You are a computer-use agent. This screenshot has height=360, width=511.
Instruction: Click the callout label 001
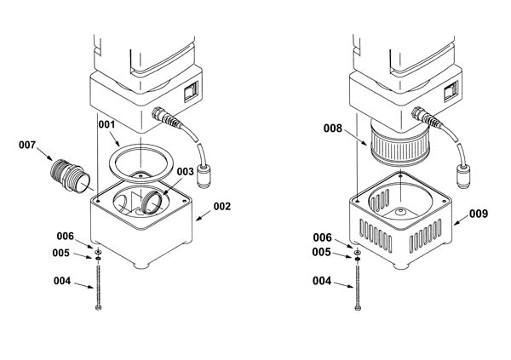point(107,124)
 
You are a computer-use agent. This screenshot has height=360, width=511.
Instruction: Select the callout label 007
point(27,145)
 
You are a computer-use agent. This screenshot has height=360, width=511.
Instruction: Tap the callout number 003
point(186,172)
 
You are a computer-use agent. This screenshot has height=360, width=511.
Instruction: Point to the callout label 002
point(222,206)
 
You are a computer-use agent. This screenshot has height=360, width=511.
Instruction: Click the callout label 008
point(333,129)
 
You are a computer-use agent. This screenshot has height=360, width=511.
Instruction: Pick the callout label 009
point(479,214)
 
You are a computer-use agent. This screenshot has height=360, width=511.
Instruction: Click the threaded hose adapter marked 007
point(70,175)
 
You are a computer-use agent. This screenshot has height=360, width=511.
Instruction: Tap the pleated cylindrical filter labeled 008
point(400,143)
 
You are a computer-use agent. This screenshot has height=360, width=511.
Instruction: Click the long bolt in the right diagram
point(358,288)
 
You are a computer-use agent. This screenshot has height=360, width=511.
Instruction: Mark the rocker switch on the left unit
point(191,92)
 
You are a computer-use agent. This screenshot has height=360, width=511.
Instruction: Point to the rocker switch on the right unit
point(451,91)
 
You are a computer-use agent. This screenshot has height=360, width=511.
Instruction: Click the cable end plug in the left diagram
point(204,176)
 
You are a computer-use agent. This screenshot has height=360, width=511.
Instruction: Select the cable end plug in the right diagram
point(464,176)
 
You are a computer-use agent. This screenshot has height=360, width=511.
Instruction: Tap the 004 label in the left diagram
point(62,281)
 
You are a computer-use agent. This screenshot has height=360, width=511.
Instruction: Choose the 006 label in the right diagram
point(322,237)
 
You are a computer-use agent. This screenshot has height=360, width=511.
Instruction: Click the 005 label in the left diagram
point(61,253)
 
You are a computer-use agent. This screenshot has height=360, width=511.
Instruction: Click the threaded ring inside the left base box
point(152,203)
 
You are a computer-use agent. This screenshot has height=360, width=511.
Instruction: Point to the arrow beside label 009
point(462,220)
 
